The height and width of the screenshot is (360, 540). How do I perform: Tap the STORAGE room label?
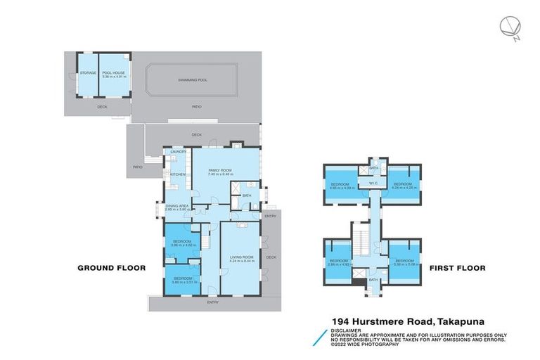88,72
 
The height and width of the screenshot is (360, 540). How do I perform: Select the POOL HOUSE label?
113,74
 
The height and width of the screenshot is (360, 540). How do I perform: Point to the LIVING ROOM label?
242,258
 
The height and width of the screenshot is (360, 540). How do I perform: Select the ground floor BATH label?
247,195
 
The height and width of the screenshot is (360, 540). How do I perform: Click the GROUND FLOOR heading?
111,268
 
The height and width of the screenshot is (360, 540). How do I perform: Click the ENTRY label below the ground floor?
212,302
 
